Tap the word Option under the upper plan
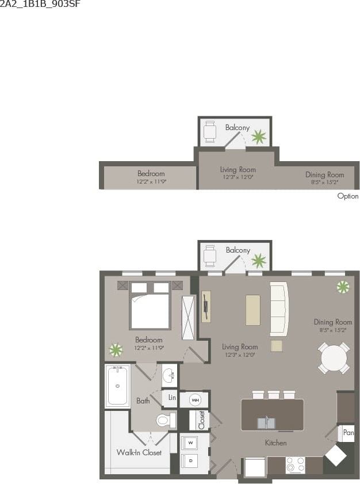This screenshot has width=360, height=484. (x=347, y=196)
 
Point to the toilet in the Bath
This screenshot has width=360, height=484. (x=164, y=421)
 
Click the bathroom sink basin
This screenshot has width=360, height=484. (x=168, y=376)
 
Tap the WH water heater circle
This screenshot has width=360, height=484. (x=195, y=399)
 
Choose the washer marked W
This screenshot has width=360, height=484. (x=190, y=443)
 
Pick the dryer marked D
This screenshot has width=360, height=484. (x=190, y=460)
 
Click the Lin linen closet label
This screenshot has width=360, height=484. (x=172, y=398)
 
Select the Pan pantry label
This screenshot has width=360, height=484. (x=348, y=432)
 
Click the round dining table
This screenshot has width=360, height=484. (x=334, y=359)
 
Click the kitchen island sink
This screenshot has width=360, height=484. (x=266, y=423)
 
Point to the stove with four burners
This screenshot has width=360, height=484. (x=296, y=465)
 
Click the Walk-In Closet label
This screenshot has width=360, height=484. (x=139, y=452)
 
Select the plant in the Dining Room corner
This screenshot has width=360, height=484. (x=343, y=287)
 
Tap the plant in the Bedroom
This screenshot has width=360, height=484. (x=116, y=350)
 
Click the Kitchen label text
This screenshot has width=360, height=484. (x=275, y=443)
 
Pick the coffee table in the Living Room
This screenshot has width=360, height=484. (x=252, y=310)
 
